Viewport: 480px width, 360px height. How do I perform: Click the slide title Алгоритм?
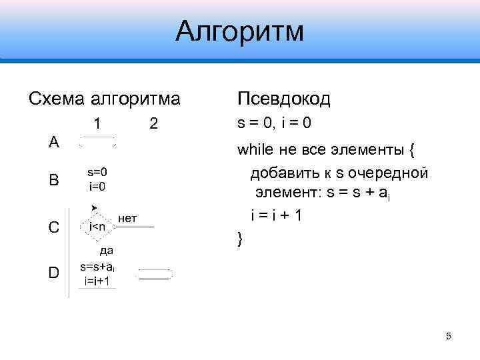[x=239, y=31]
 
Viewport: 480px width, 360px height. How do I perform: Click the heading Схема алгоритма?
[x=105, y=99]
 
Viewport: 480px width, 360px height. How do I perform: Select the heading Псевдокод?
[x=283, y=99]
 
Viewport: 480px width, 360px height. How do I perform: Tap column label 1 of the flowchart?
[x=97, y=123]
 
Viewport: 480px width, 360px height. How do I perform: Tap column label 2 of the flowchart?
[x=154, y=123]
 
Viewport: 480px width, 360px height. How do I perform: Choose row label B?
[x=54, y=180]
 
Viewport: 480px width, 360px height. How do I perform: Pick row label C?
[x=54, y=227]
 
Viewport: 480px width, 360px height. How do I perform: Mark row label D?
[x=54, y=272]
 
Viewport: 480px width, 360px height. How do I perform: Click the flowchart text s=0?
[x=97, y=171]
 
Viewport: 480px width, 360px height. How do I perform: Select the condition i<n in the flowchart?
[x=97, y=227]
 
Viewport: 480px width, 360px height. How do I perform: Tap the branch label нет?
[x=128, y=217]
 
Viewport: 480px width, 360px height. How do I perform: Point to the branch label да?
[x=106, y=251]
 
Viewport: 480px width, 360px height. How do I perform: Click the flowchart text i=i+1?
[x=98, y=281]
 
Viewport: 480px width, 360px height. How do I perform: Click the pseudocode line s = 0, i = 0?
[x=275, y=124]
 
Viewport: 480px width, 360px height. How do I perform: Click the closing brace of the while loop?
[x=241, y=238]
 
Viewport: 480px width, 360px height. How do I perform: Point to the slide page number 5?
[x=449, y=335]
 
